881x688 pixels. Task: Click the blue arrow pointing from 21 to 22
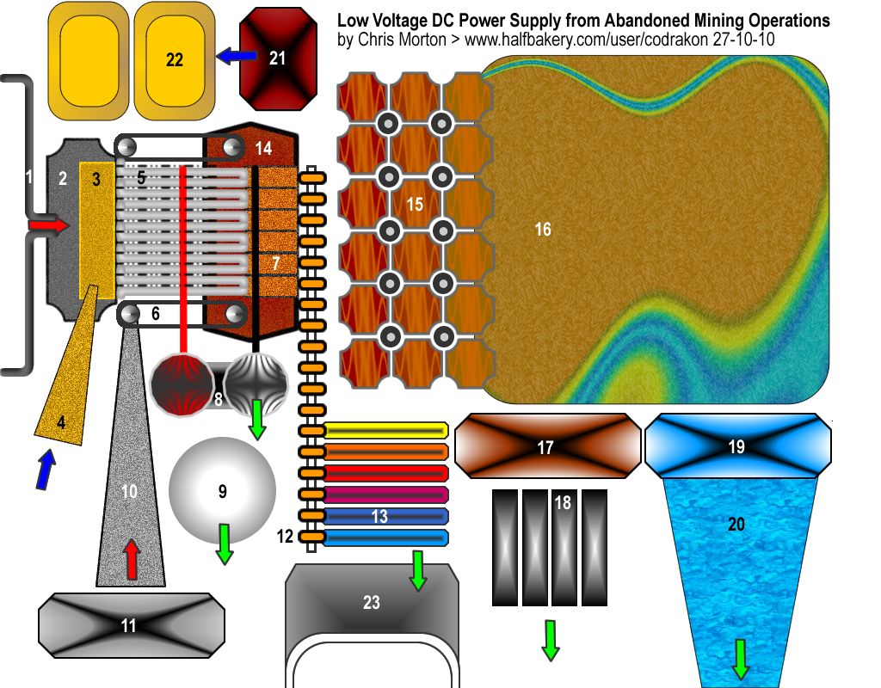(237, 57)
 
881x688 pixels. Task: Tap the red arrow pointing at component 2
(49, 224)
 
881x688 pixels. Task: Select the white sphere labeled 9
(223, 491)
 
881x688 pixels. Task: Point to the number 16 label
(543, 230)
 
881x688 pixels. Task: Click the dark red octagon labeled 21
(277, 58)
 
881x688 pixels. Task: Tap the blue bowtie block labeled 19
(737, 445)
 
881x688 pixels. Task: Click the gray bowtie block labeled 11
(127, 625)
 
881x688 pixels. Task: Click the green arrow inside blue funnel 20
(739, 658)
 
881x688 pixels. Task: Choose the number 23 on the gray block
(371, 603)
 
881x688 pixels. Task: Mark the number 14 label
(263, 148)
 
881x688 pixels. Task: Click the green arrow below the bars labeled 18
(550, 641)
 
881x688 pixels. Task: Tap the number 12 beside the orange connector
(286, 537)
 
